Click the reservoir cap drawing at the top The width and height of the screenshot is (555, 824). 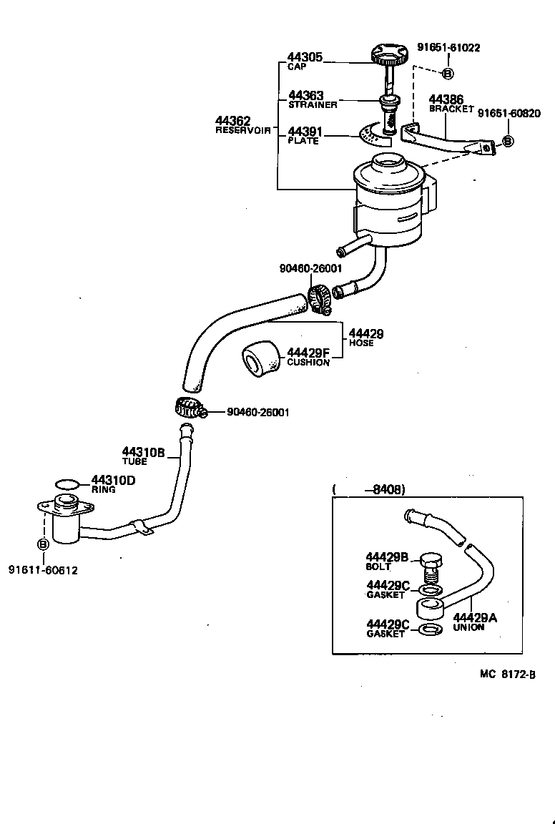[x=388, y=54]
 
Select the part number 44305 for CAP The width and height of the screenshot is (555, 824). [x=305, y=57]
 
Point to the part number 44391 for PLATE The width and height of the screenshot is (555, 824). [x=305, y=132]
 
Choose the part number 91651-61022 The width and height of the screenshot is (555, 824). [x=448, y=48]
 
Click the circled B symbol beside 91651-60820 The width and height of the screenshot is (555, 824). [x=508, y=141]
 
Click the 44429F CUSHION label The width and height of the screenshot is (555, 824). [x=308, y=356]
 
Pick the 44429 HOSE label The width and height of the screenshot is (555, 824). [x=365, y=338]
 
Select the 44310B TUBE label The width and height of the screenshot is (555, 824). [x=143, y=456]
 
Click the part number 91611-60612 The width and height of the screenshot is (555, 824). [x=43, y=570]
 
